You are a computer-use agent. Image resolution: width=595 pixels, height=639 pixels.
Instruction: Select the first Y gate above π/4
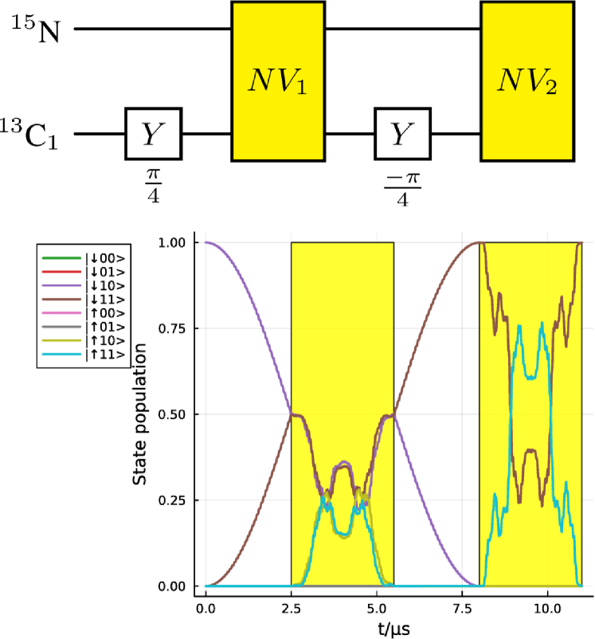pyautogui.click(x=154, y=133)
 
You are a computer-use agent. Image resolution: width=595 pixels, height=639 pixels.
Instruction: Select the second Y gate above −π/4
pyautogui.click(x=402, y=133)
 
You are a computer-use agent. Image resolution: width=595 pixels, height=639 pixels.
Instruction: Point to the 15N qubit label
pyautogui.click(x=37, y=29)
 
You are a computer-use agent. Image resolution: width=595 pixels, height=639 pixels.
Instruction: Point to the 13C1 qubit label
pyautogui.click(x=37, y=133)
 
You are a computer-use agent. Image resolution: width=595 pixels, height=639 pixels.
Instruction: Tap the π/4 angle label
pyautogui.click(x=154, y=183)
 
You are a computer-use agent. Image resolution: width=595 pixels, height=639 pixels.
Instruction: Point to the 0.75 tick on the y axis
pyautogui.click(x=174, y=328)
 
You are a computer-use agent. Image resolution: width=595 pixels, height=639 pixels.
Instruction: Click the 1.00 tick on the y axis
pyautogui.click(x=174, y=242)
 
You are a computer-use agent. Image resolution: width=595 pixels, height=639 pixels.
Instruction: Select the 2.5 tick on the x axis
pyautogui.click(x=292, y=608)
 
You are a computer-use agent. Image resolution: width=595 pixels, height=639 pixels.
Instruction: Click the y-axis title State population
pyautogui.click(x=140, y=414)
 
